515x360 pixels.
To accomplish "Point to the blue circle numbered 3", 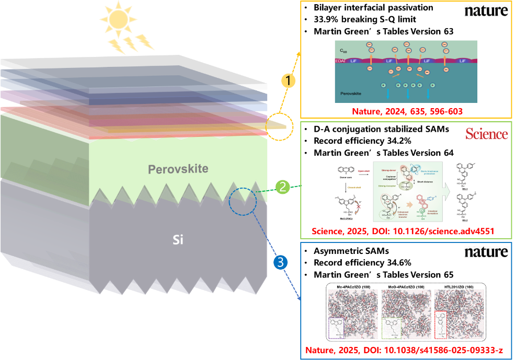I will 280,263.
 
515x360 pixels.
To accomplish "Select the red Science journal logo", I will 486,134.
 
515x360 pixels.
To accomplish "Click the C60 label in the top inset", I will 342,51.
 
